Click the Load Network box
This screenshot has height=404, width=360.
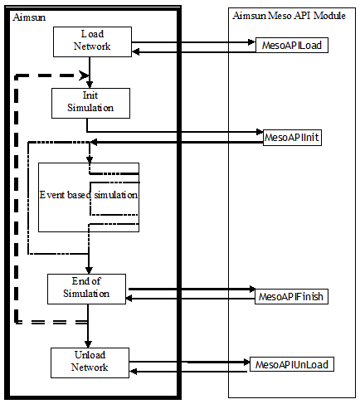click(92, 41)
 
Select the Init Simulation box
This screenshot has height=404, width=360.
click(91, 102)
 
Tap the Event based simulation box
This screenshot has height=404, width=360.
click(88, 196)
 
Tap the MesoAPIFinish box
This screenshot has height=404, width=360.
click(290, 295)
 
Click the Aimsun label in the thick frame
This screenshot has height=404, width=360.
click(30, 17)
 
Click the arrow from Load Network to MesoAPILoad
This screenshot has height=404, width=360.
click(199, 43)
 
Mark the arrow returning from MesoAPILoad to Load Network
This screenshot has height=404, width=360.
click(199, 51)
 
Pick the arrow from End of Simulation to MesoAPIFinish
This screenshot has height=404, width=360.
click(191, 290)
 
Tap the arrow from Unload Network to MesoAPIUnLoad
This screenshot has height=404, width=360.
click(191, 362)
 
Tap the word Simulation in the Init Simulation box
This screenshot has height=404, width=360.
click(91, 108)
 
